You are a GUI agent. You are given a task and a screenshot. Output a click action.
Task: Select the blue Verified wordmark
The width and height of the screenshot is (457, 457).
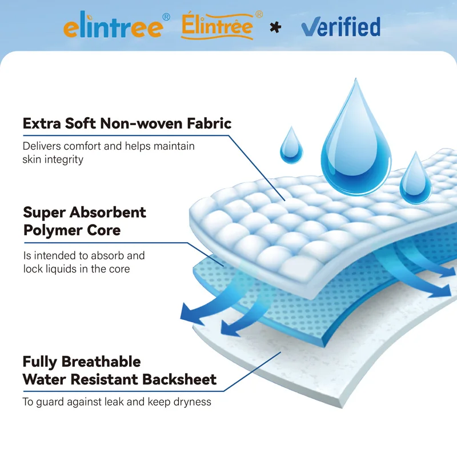coord(340,26)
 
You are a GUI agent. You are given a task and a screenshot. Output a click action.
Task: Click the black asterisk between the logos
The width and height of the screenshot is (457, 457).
coord(275,27)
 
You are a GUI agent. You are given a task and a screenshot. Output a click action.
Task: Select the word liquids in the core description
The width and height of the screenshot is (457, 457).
coord(63,268)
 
